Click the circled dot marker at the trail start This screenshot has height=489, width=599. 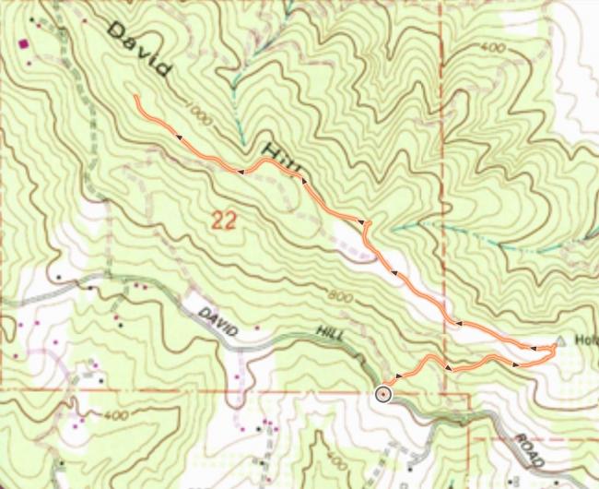pos(383,394)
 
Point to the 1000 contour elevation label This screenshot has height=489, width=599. pos(199,111)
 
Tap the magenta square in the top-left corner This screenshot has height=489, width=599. pos(23,42)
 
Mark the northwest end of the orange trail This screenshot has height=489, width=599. pos(135,96)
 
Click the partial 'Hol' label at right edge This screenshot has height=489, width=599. pos(587,339)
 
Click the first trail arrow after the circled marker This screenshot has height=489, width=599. pos(397,376)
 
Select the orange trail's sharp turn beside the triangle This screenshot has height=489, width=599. pos(553,348)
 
